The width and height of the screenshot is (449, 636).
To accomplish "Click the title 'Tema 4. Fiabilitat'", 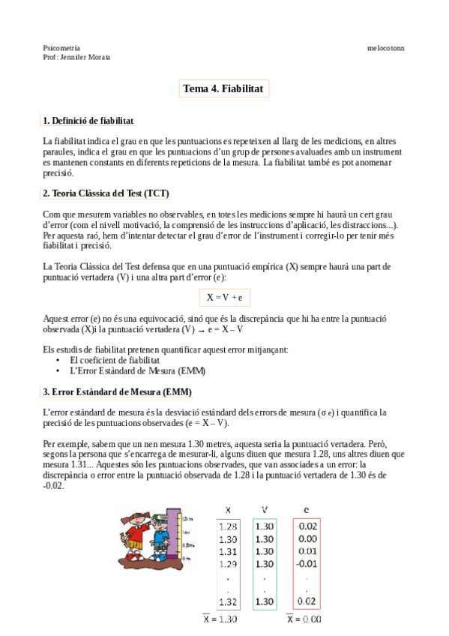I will pos(223,89).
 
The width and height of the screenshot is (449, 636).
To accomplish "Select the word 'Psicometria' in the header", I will pos(62,47).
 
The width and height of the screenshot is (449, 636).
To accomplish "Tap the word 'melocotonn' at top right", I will pos(386,47).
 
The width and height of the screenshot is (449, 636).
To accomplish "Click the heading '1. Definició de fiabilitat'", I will pos(88,120).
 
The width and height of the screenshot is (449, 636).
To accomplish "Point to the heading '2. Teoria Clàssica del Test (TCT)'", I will pos(106,193).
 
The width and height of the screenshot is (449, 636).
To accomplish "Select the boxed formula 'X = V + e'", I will pos(224,297).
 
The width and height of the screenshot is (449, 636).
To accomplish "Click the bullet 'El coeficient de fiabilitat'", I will pos(115,360).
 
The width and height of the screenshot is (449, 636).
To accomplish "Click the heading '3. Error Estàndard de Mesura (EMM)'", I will pos(117,392).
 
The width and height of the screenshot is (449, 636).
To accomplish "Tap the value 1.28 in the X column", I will pos(228,526).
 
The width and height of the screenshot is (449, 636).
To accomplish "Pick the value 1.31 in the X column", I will pos(228,551).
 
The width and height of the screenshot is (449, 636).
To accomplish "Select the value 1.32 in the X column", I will pos(228,601).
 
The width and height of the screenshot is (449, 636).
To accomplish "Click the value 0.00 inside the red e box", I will pos(307,538).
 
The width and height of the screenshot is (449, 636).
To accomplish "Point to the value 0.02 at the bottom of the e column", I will pos(307,601).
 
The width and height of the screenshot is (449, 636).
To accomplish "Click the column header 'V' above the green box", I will pos(265,509).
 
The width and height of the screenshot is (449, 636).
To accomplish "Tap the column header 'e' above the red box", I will pos(306,509).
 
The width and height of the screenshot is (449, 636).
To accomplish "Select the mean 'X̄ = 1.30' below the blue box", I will pos(221,619).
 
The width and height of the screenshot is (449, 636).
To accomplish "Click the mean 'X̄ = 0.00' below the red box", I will pos(304,619).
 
